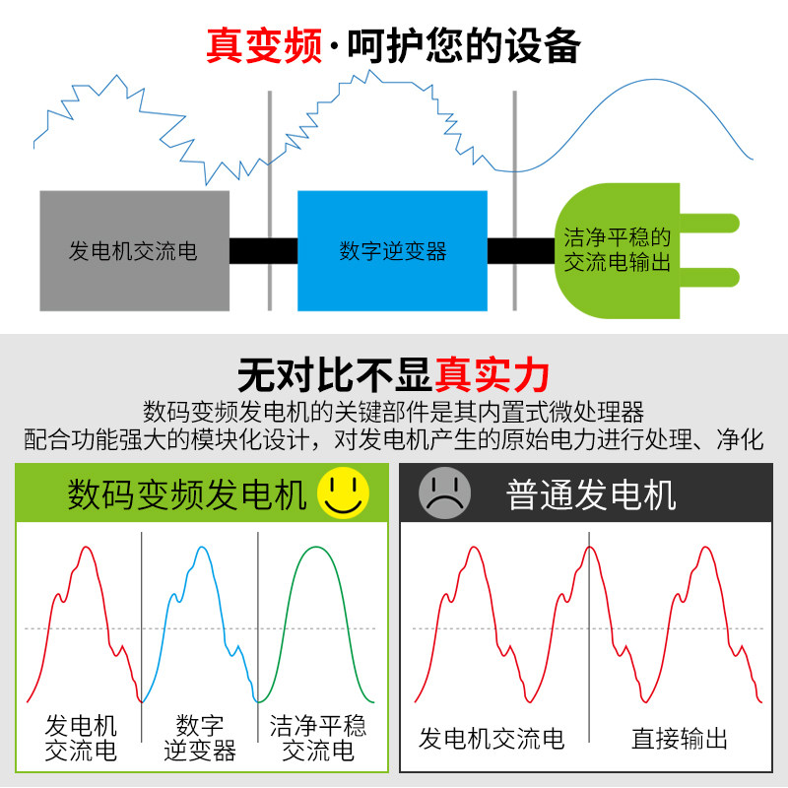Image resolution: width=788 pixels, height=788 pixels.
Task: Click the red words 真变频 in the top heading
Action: click(263, 45)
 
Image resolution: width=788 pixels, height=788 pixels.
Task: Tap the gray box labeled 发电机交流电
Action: click(134, 251)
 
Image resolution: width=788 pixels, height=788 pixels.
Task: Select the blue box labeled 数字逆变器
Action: click(392, 251)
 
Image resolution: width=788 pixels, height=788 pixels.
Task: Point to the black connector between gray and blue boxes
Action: click(263, 251)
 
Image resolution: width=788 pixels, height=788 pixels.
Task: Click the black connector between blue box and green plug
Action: click(520, 251)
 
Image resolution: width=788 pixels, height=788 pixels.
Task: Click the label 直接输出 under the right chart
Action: click(679, 739)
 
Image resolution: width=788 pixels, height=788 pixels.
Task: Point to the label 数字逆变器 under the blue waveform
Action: click(200, 739)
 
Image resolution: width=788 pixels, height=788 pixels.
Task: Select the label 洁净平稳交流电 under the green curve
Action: click(318, 739)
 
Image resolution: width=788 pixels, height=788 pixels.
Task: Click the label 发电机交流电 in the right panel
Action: click(492, 739)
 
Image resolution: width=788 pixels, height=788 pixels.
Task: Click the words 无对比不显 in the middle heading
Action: click(335, 375)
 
